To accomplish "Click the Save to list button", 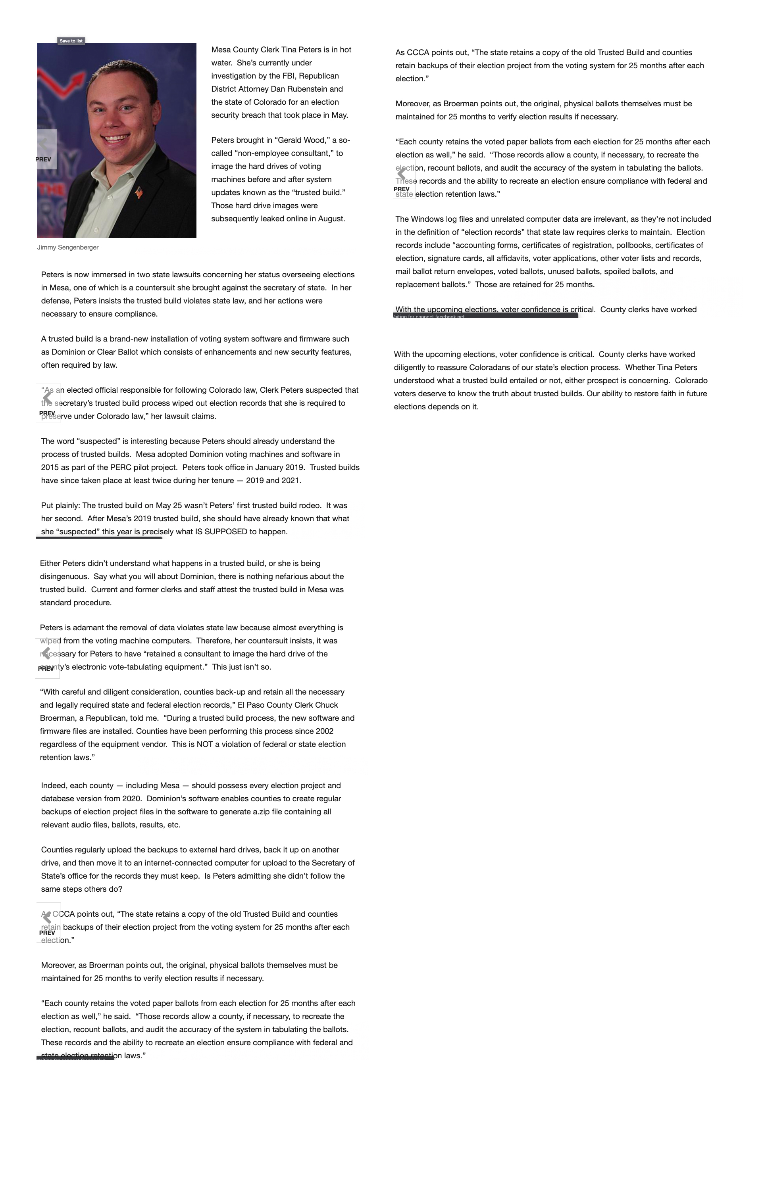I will click(x=71, y=41).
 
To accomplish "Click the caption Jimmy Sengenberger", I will click(x=68, y=247).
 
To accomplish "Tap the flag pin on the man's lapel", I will click(x=139, y=192).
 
